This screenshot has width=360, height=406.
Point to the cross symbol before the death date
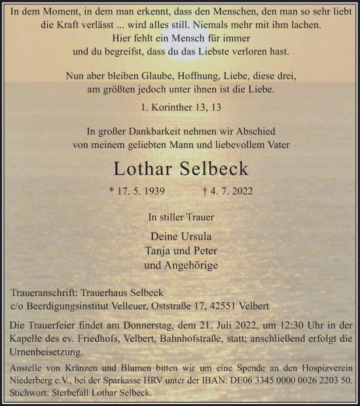(x=206, y=192)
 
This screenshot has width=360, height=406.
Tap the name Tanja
(x=159, y=250)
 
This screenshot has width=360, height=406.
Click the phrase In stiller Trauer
(x=181, y=217)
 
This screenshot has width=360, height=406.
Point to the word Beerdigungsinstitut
(x=70, y=306)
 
